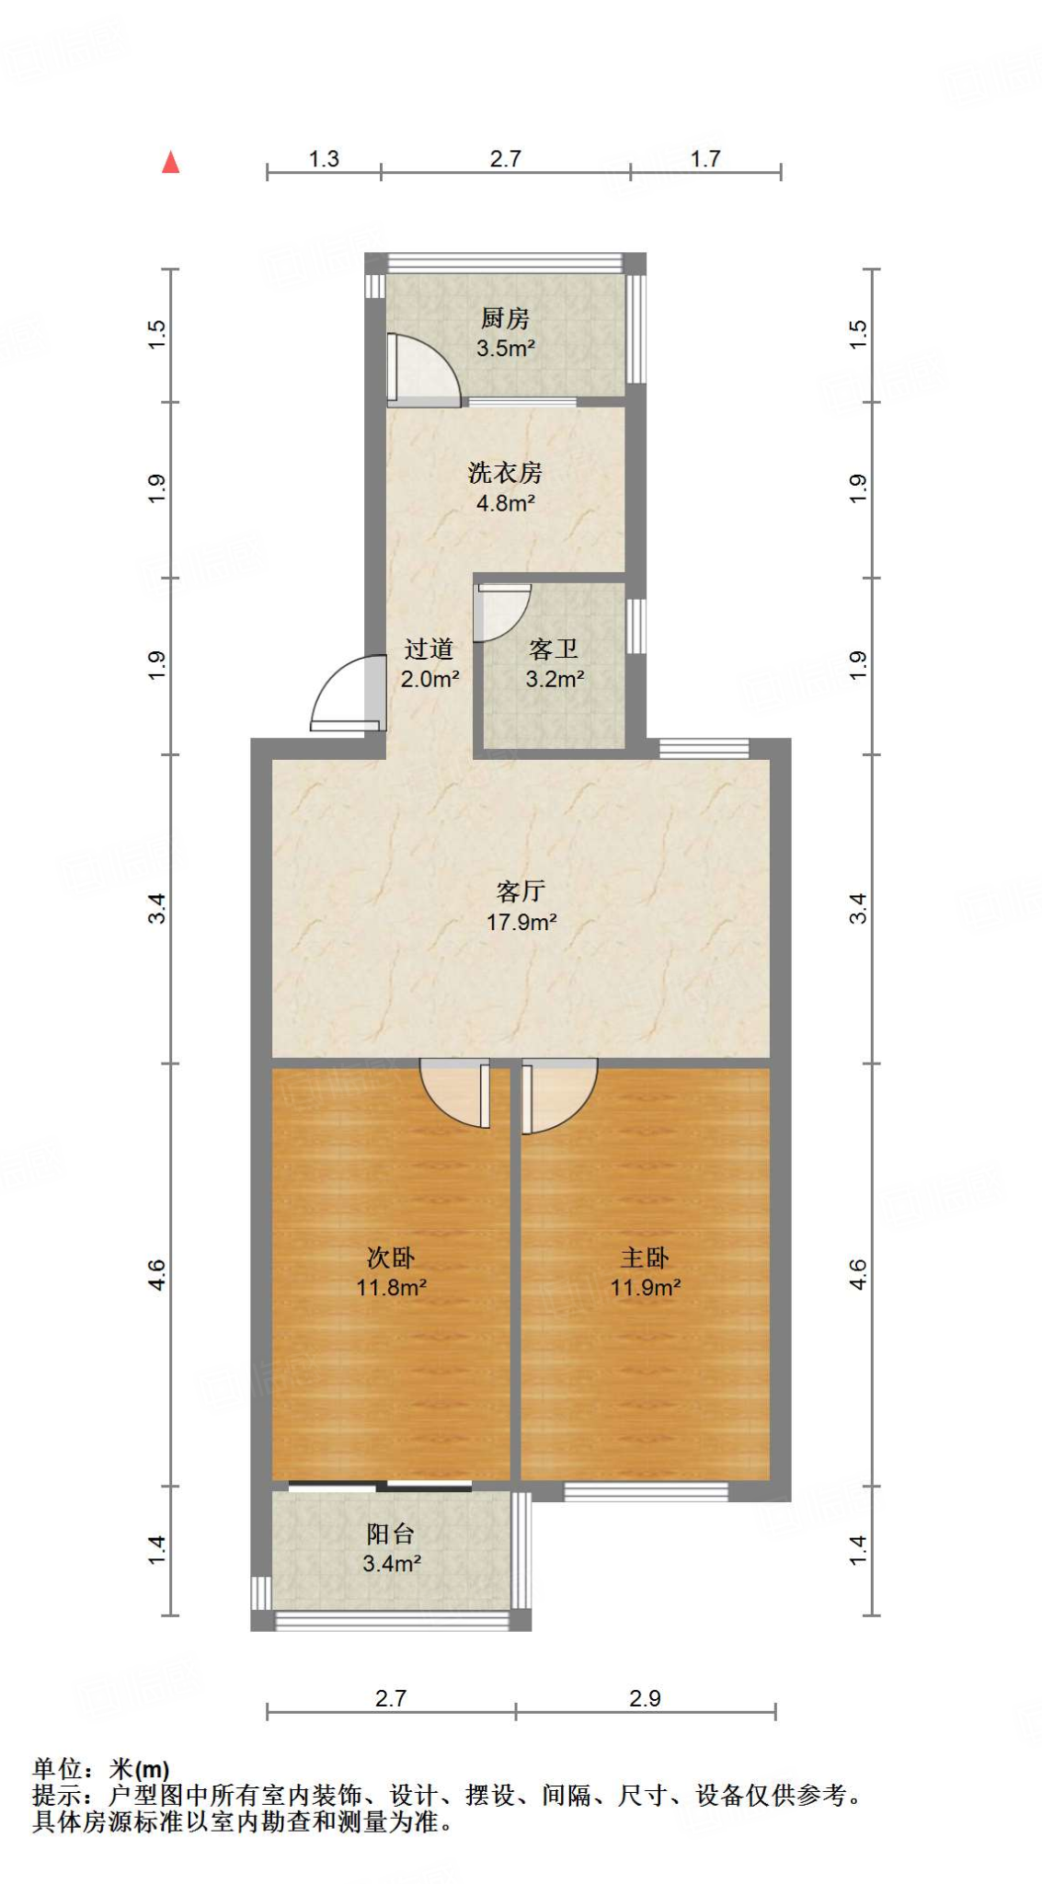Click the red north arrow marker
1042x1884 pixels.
[x=170, y=163]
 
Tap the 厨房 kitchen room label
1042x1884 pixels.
[x=505, y=318]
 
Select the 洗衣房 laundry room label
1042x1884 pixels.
[x=505, y=473]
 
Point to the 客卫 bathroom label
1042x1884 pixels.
[x=554, y=649]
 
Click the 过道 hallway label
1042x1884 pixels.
[x=429, y=649]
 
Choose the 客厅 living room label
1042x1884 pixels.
[x=521, y=891]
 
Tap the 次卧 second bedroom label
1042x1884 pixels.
[x=391, y=1258]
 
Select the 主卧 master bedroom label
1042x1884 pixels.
[x=645, y=1258]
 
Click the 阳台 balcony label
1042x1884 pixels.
[x=391, y=1534]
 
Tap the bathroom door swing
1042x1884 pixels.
[x=500, y=611]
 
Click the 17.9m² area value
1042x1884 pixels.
[x=521, y=922]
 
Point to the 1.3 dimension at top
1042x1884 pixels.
[x=324, y=159]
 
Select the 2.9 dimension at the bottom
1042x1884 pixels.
[x=645, y=1698]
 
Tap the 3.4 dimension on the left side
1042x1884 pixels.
[x=157, y=908]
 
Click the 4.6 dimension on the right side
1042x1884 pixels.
[x=857, y=1274]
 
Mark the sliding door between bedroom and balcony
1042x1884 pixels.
[x=381, y=1486]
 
